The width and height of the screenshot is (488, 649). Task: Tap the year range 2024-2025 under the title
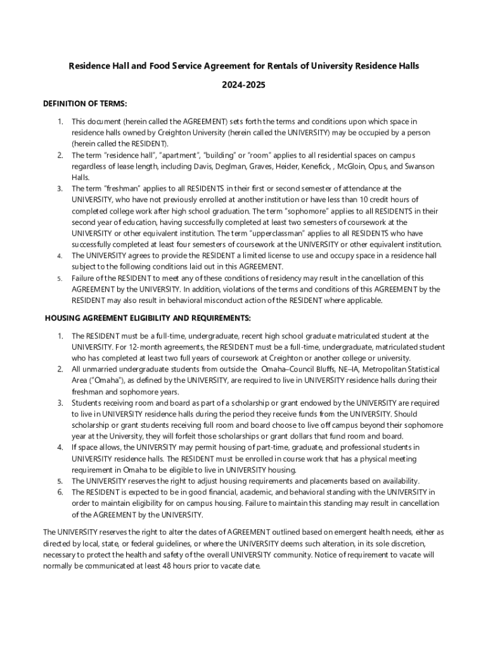(x=244, y=85)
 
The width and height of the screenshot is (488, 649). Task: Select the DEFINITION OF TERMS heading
(x=85, y=103)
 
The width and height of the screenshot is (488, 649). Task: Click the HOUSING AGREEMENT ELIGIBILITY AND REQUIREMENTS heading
(x=148, y=318)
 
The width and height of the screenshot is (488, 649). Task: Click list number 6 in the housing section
(x=60, y=492)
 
